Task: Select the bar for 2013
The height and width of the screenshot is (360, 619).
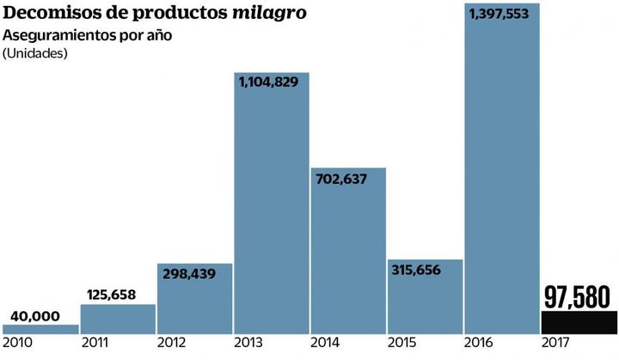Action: click(272, 215)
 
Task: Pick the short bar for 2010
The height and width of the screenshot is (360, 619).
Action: click(40, 328)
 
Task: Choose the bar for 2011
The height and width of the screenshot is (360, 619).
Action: click(118, 319)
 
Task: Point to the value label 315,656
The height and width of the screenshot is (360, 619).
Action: click(425, 271)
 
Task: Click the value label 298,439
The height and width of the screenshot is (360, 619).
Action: click(194, 274)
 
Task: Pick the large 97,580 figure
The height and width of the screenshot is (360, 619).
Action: click(578, 296)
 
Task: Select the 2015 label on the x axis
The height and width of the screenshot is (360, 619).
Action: click(403, 344)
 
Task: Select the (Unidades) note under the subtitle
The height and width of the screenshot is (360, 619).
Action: click(35, 53)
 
